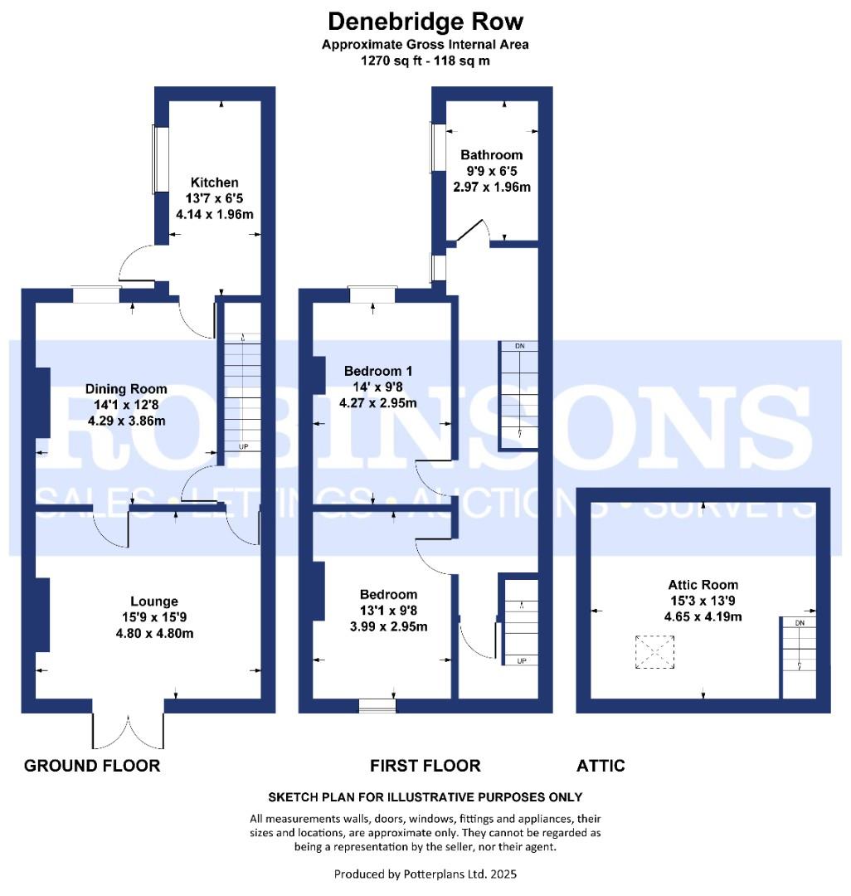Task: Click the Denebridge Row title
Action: (x=425, y=21)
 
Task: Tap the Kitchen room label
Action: (x=214, y=183)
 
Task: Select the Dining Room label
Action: (x=126, y=389)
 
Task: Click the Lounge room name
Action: (x=153, y=601)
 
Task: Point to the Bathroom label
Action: (x=492, y=155)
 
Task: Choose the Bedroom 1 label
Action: (x=379, y=371)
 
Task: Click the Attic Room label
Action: (x=703, y=585)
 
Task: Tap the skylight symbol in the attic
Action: (x=654, y=652)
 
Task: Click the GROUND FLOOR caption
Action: (x=92, y=765)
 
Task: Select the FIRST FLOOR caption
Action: (x=425, y=765)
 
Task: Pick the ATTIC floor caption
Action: (x=601, y=765)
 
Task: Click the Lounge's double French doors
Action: (x=129, y=730)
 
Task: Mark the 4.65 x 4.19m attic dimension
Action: (x=703, y=616)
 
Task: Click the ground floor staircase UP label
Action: (x=245, y=446)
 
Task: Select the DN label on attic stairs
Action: (x=800, y=623)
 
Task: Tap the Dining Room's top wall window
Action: (x=95, y=294)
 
